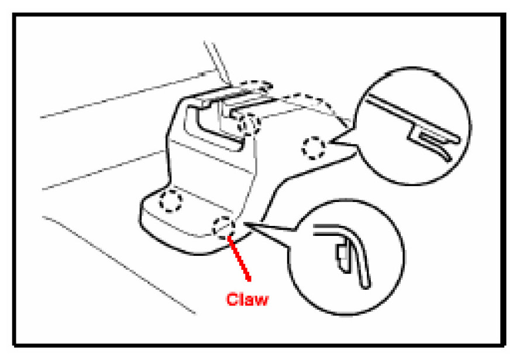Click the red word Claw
coord(247,299)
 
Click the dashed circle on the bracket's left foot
coord(171,201)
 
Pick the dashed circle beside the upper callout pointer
coord(314,147)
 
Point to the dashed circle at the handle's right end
coord(249,123)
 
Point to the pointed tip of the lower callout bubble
coord(248,223)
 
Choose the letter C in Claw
coord(232,299)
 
